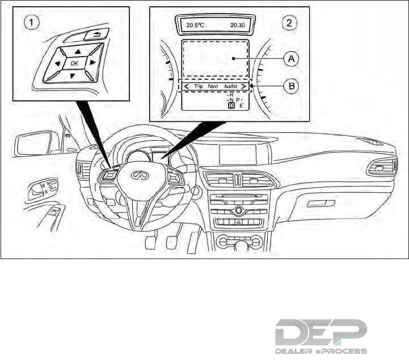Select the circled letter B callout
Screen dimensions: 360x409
coord(291,86)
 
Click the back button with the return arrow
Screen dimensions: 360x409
coord(93,35)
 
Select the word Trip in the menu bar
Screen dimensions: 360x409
coord(198,86)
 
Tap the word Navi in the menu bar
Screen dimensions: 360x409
coord(213,86)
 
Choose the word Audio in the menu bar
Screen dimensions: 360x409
coord(230,86)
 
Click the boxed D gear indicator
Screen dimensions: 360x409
coord(231,105)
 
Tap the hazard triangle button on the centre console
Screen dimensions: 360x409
coord(238,223)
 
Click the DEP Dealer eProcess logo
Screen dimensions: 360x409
coord(321,338)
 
